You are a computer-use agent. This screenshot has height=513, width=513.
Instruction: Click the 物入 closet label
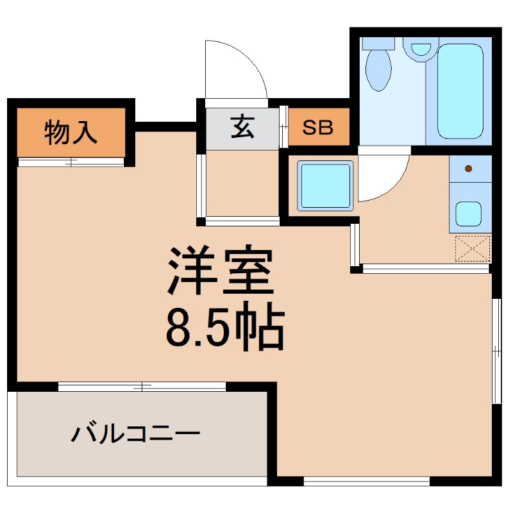tap(71, 133)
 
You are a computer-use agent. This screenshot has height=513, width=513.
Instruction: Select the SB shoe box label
tap(318, 128)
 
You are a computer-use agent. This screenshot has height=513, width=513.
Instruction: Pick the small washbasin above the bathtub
tap(421, 49)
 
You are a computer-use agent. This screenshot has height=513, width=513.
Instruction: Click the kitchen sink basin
tap(469, 214)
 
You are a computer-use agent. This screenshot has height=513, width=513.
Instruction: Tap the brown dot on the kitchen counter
tap(468, 169)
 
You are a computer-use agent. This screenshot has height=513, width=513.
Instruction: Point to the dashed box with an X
tap(472, 249)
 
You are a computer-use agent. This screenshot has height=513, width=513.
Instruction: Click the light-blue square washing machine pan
tap(326, 186)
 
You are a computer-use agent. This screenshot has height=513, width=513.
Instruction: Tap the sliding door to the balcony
tap(142, 387)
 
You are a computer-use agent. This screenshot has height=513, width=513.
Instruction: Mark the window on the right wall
tap(496, 350)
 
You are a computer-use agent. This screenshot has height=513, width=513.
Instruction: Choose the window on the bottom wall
tap(366, 480)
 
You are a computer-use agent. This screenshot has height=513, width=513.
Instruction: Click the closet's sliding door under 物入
tap(71, 162)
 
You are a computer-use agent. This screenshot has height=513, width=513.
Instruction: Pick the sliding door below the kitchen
tap(425, 269)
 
